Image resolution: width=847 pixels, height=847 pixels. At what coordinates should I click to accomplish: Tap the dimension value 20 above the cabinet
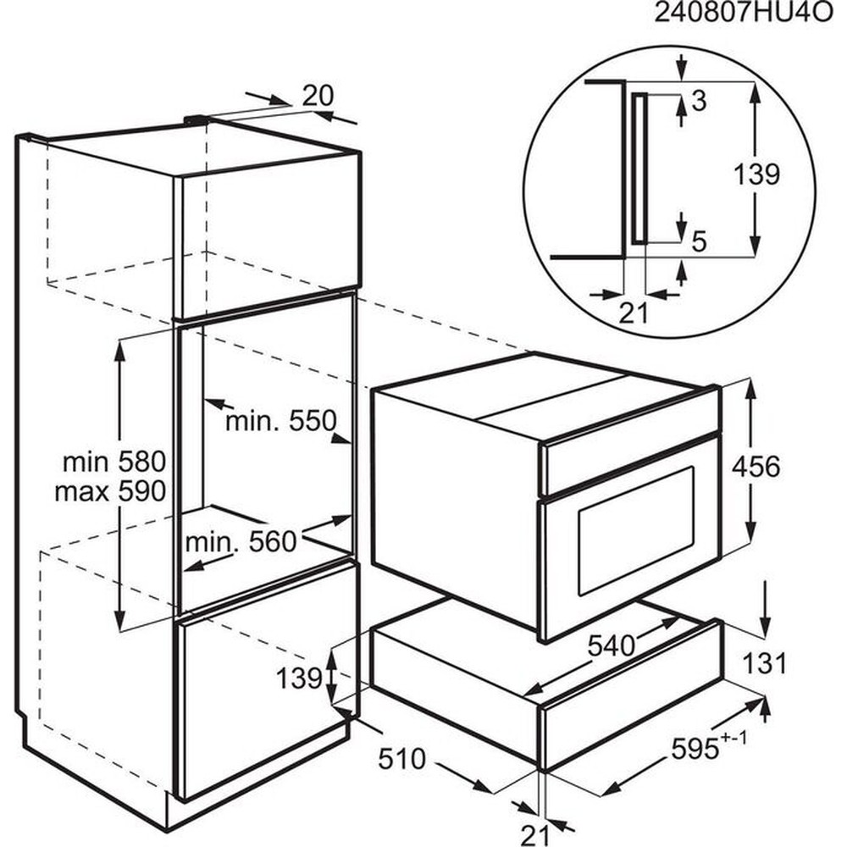coord(318,96)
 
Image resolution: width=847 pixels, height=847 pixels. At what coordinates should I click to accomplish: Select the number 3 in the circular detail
coord(700,102)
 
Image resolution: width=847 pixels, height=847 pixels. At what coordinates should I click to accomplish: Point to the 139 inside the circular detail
coord(756,174)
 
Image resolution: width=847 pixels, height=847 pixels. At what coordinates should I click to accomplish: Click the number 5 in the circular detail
coord(699,242)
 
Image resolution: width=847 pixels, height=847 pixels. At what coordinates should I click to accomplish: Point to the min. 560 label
coord(241,541)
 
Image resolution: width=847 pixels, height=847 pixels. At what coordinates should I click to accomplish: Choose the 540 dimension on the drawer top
coord(612,645)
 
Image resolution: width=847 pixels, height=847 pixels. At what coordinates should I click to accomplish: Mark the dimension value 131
coord(765,664)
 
